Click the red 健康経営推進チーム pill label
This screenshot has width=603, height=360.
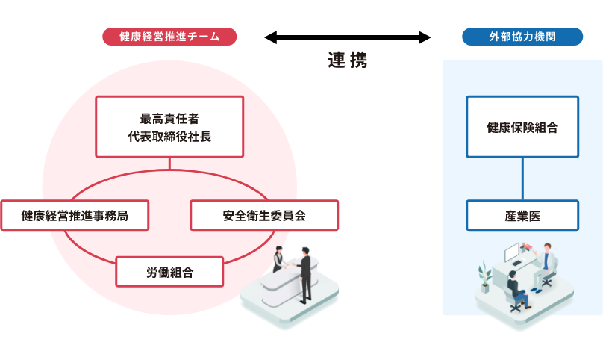click(169, 37)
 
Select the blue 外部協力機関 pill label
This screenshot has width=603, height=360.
click(522, 37)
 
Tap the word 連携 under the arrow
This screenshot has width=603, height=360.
click(348, 60)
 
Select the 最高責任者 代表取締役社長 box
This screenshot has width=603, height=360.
click(169, 126)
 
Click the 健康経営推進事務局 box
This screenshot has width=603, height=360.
click(75, 215)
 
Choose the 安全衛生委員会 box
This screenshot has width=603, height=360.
click(264, 215)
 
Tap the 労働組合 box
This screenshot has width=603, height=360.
click(169, 272)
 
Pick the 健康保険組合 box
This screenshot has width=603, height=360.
click(522, 126)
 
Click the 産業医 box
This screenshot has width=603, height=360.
click(522, 215)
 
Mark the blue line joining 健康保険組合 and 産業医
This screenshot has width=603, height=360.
click(522, 179)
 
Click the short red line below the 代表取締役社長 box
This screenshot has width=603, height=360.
click(169, 163)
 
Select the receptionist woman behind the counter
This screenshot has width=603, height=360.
click(278, 259)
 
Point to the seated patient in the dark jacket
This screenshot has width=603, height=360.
click(516, 288)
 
